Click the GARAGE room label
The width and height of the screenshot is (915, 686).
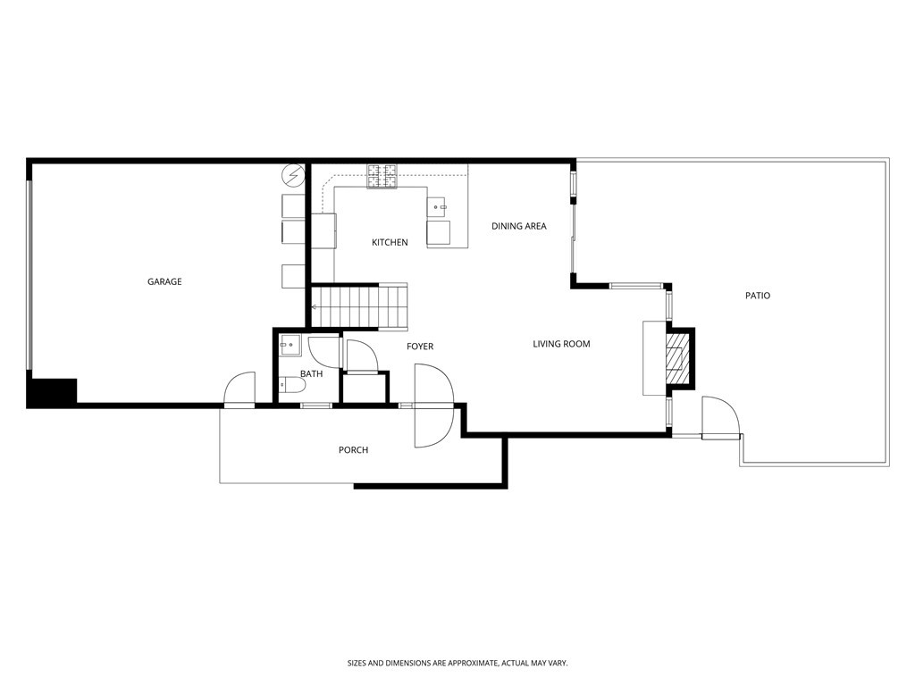pyautogui.click(x=164, y=282)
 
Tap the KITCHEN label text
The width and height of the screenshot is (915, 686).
pyautogui.click(x=390, y=243)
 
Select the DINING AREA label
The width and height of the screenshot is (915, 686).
pyautogui.click(x=518, y=227)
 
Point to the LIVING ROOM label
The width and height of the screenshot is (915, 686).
pyautogui.click(x=561, y=344)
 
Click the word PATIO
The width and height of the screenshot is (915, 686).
pyautogui.click(x=757, y=296)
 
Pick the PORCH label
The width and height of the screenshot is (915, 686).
pyautogui.click(x=353, y=450)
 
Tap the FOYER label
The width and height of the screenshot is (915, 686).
pyautogui.click(x=420, y=347)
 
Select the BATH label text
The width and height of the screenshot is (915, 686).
pyautogui.click(x=311, y=374)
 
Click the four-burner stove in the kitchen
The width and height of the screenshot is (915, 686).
pyautogui.click(x=382, y=176)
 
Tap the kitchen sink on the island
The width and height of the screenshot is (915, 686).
pyautogui.click(x=439, y=207)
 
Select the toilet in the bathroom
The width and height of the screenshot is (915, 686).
pyautogui.click(x=292, y=385)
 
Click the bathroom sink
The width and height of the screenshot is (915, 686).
pyautogui.click(x=288, y=344)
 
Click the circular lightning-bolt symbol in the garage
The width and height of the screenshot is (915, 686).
pyautogui.click(x=292, y=175)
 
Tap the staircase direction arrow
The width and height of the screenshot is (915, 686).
pyautogui.click(x=315, y=308)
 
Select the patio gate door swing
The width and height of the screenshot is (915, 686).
pyautogui.click(x=720, y=418)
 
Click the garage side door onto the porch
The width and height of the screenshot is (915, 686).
pyautogui.click(x=239, y=390)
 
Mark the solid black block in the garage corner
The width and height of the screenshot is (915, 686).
pyautogui.click(x=52, y=393)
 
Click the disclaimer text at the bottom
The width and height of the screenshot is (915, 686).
pyautogui.click(x=457, y=663)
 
